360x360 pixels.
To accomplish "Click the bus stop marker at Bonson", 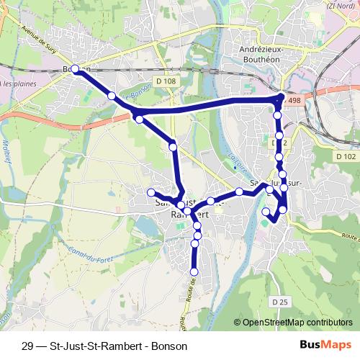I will tap(76, 69).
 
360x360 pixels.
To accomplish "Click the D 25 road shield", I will tap(280, 300).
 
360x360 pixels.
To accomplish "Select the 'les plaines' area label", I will tap(19, 84).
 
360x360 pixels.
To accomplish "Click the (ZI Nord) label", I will tap(341, 6).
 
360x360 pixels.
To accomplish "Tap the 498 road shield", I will tap(292, 102).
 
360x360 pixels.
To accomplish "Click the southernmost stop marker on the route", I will tap(193, 271).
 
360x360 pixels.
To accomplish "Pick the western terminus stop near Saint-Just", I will tap(152, 192).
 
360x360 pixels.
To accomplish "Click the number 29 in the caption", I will tap(28, 346).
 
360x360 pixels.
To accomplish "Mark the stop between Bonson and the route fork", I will tap(112, 96).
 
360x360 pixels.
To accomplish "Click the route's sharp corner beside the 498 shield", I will tap(280, 98).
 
